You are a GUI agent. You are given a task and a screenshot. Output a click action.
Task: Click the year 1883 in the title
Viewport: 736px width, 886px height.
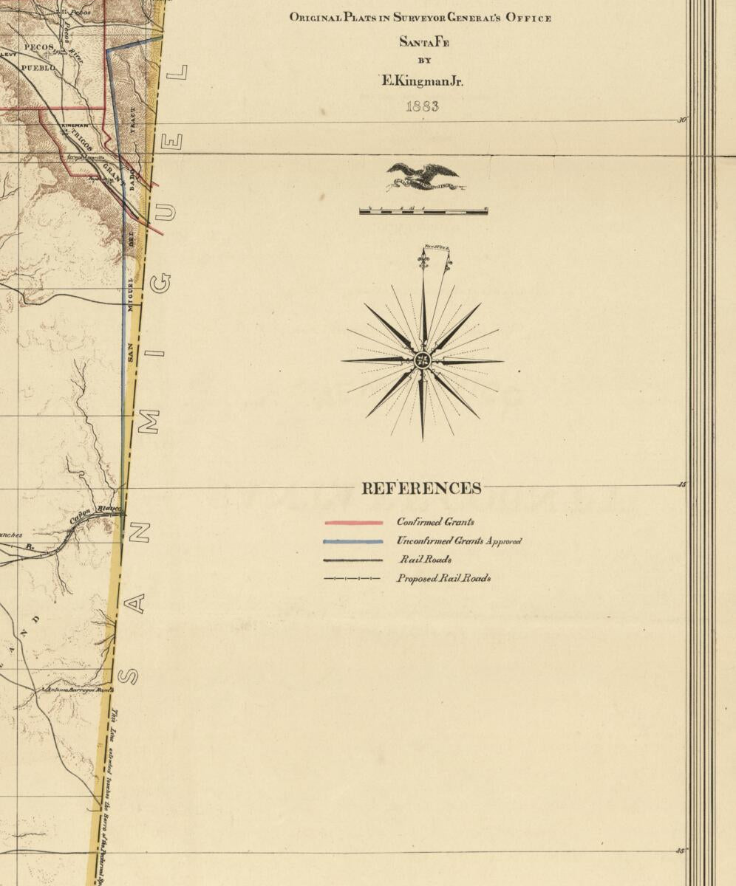point(422,106)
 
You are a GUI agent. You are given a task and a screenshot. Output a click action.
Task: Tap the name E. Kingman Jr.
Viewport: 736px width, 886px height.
point(422,81)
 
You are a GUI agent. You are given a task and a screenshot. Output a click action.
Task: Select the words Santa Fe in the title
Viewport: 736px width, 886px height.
point(424,42)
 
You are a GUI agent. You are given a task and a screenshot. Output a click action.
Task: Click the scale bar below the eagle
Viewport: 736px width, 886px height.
point(423,211)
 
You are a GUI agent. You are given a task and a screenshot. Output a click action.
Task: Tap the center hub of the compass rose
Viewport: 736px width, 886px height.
point(423,361)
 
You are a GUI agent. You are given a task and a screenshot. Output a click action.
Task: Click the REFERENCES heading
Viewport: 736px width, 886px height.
point(421,489)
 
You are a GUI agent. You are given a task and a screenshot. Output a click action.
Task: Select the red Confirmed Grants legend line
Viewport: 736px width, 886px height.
point(354,523)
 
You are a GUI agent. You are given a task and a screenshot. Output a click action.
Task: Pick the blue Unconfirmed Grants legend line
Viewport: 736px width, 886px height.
point(354,541)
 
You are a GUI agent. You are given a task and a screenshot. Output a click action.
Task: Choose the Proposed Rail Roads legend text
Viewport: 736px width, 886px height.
point(443,578)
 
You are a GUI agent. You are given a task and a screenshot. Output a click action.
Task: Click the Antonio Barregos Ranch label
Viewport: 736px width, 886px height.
point(78,690)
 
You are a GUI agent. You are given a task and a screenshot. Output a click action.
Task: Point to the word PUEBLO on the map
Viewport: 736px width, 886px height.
point(38,68)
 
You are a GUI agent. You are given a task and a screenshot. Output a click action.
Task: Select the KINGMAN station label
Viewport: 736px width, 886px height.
point(74,126)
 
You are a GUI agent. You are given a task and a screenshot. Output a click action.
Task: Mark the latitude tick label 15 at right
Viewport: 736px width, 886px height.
point(681,485)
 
